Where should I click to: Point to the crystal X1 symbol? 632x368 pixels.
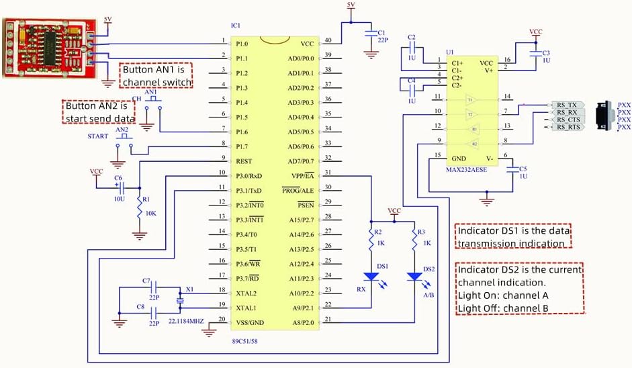coord(179,301)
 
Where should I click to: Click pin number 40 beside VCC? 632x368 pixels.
coord(328,40)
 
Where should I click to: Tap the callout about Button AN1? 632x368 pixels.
coord(156,76)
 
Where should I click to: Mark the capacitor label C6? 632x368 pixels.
coord(118,177)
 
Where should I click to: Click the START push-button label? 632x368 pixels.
coord(97,136)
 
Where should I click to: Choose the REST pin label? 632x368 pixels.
coord(244,161)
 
